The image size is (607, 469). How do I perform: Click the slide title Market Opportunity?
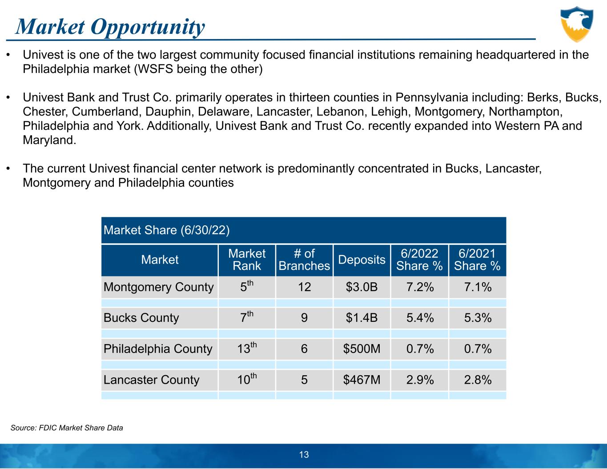point(110,27)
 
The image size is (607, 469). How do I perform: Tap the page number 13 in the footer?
point(304,454)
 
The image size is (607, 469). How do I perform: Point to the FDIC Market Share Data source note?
point(67,428)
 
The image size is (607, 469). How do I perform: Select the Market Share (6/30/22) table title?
point(166,230)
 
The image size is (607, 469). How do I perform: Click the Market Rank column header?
point(247,260)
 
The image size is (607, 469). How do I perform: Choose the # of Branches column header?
point(304,260)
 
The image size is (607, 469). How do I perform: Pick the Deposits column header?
point(362,260)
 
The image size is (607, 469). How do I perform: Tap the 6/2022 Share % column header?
point(420,260)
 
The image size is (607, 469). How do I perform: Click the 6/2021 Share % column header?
point(477,260)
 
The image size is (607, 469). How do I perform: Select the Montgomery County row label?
point(159,287)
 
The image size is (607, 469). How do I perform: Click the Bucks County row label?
point(141,318)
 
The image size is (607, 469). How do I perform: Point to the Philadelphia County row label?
point(158,349)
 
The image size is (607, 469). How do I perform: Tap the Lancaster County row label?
point(152,380)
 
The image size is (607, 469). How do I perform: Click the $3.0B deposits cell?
point(362,287)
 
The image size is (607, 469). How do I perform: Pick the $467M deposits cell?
point(362,380)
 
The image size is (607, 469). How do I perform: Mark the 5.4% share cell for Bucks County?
point(420,318)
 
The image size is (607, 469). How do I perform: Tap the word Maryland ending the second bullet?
point(49,140)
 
